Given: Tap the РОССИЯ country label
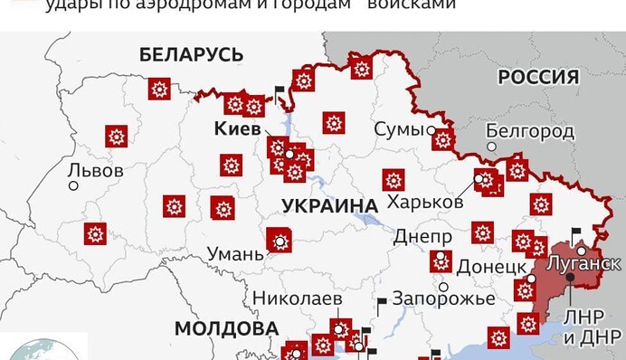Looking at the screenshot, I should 538,78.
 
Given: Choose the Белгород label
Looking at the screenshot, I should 530,132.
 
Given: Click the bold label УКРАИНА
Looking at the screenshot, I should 329,205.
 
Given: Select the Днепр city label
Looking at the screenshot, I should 422,237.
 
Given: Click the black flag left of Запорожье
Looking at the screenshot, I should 381,301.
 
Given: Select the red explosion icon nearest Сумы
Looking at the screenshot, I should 442,139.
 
